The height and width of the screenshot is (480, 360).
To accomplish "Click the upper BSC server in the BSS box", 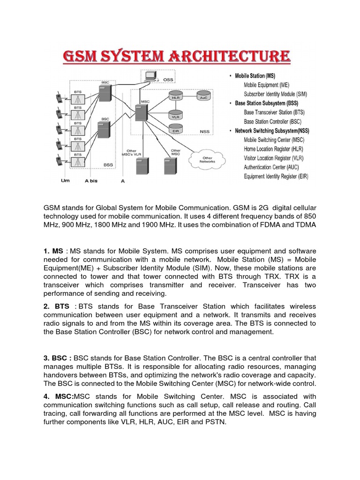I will pos(105,92).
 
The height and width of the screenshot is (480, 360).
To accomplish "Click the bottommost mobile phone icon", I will pos(60,161).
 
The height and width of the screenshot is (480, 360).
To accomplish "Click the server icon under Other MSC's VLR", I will pos(139,168).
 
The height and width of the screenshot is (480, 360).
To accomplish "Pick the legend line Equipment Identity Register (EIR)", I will pos(277,176).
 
